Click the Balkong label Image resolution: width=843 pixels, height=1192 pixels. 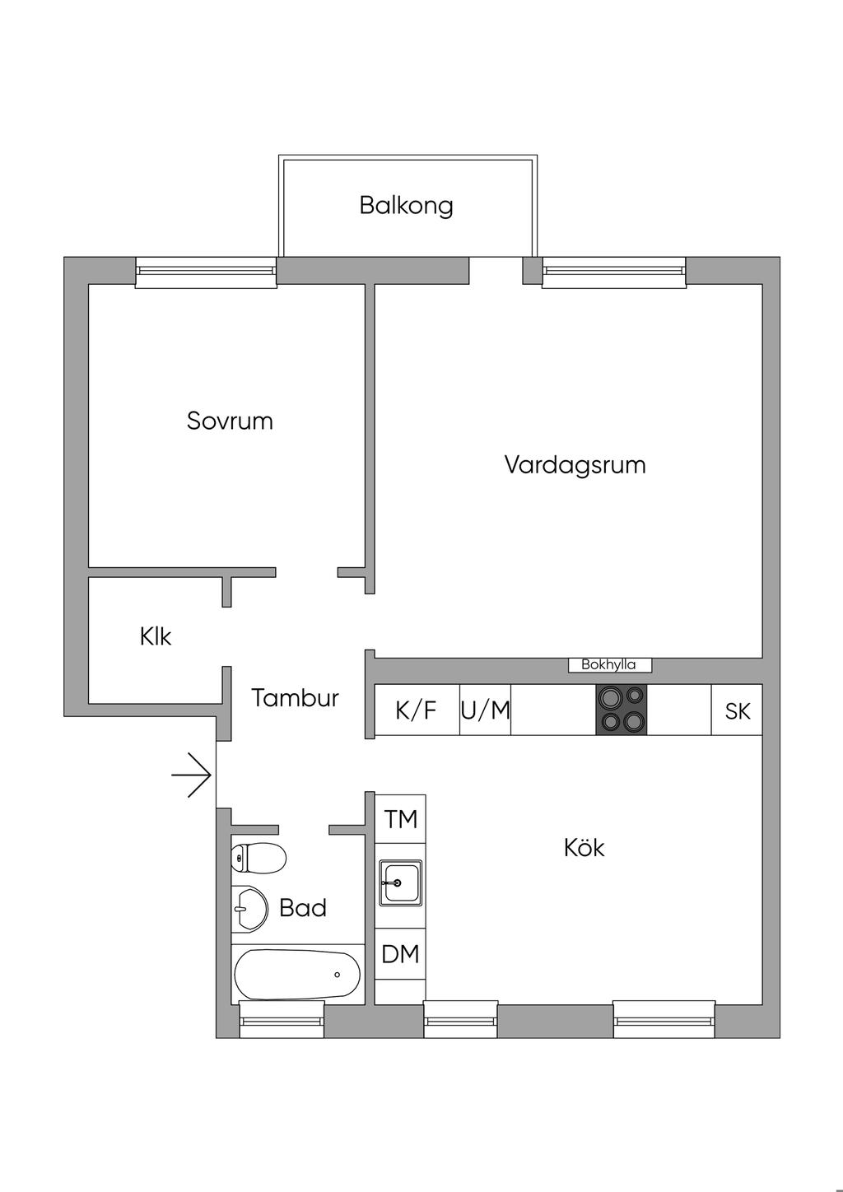pos(406,205)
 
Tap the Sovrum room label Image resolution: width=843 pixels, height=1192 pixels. pos(230,421)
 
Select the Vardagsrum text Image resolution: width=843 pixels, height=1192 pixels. pos(575,464)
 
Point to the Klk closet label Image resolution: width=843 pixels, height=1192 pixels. pos(156,636)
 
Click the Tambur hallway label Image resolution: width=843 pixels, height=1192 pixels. pos(295,698)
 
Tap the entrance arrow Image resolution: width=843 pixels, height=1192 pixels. pos(192,775)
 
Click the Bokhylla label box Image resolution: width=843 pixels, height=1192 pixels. pos(609,665)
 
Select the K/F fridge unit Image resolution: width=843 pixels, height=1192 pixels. pos(417,710)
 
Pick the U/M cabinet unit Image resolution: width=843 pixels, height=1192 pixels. pos(485,710)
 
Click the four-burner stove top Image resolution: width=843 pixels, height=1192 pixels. pos(622,710)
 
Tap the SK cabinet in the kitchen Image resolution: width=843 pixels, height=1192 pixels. pos(737,710)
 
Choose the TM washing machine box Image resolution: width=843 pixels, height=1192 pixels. pos(401,819)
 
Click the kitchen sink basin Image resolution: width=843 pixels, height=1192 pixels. pos(400,882)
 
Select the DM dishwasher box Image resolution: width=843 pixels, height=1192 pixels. pos(401,954)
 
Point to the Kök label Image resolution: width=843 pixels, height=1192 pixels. pos(585,847)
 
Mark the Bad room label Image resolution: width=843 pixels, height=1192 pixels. pos(303,908)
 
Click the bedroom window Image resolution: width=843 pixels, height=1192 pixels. pos(206,272)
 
